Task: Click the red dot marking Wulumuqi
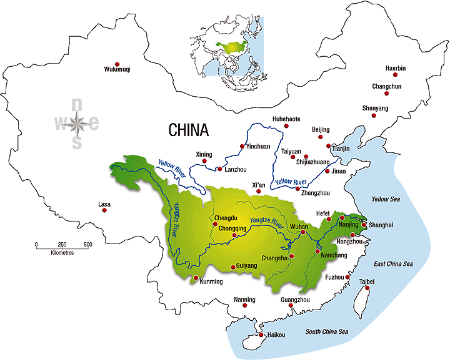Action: click(116, 61)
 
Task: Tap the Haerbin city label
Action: click(395, 68)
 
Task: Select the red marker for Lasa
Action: click(104, 210)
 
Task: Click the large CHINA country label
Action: click(188, 130)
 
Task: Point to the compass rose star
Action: click(77, 124)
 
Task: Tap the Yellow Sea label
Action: click(389, 200)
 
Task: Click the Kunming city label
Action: click(211, 281)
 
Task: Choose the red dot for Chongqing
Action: click(226, 235)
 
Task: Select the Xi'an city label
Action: click(259, 185)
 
